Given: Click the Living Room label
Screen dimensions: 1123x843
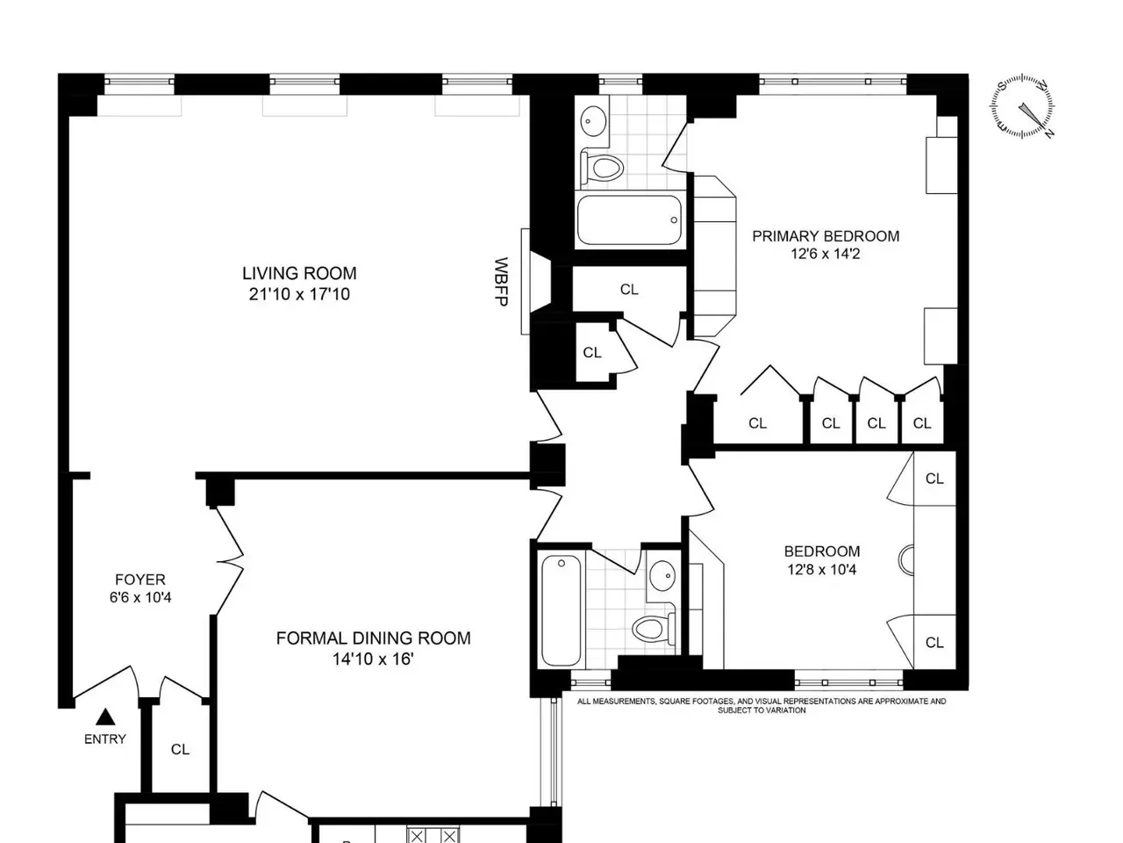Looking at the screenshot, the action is click(x=299, y=273).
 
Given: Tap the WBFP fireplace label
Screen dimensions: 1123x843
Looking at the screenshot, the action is click(x=501, y=282).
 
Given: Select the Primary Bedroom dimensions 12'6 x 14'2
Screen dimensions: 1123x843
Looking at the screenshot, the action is click(x=826, y=254).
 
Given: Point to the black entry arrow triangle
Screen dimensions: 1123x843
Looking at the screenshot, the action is click(x=105, y=717).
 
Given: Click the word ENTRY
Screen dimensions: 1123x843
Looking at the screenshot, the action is click(x=105, y=739).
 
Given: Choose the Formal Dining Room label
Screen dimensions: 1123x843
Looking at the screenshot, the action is click(x=374, y=638).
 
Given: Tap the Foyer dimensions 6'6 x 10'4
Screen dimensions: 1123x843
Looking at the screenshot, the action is click(x=140, y=597).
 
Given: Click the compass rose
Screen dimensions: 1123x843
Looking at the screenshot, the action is click(x=1022, y=106).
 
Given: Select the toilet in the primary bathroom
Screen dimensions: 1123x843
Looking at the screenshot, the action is click(x=602, y=167).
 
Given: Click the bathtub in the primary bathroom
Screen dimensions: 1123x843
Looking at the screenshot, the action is click(x=629, y=220).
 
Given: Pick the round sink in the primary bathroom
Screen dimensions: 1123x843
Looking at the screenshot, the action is click(x=593, y=121).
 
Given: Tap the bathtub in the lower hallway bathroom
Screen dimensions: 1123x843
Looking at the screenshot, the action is click(x=561, y=610).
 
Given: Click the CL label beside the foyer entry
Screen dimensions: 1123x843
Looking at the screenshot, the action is click(x=180, y=749).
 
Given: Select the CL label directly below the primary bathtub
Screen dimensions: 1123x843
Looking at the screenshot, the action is click(x=629, y=290).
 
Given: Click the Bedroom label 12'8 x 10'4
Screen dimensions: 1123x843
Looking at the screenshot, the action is click(x=822, y=560).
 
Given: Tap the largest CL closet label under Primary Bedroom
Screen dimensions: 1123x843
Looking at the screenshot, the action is click(x=758, y=423).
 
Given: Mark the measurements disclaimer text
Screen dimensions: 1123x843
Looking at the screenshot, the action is click(x=762, y=706).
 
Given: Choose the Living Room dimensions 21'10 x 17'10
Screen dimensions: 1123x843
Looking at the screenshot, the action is click(x=299, y=294).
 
